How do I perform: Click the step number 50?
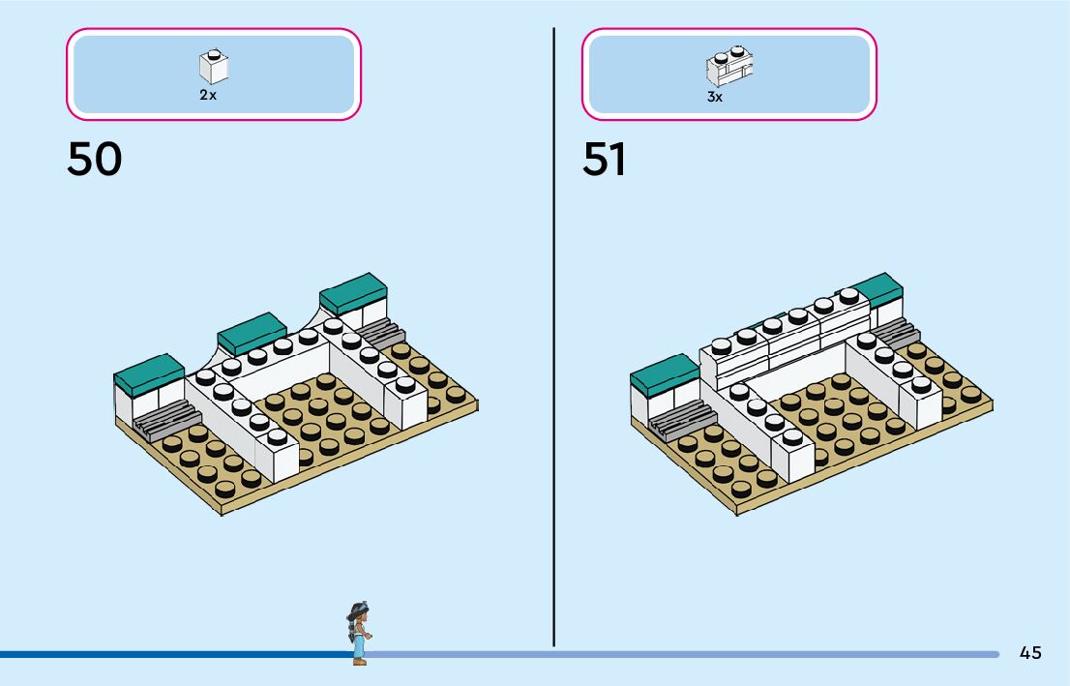pyautogui.click(x=95, y=160)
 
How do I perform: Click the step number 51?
pyautogui.click(x=605, y=160)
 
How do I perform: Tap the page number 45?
pyautogui.click(x=1030, y=653)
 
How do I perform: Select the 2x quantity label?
pyautogui.click(x=208, y=96)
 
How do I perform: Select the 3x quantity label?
pyautogui.click(x=715, y=97)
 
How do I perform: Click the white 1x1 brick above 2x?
pyautogui.click(x=214, y=66)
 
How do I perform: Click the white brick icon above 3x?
pyautogui.click(x=729, y=67)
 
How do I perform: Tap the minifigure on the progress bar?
pyautogui.click(x=359, y=634)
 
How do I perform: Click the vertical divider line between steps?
pyautogui.click(x=553, y=339)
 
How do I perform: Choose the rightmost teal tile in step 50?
pyautogui.click(x=353, y=288)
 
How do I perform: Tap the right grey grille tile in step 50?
pyautogui.click(x=381, y=334)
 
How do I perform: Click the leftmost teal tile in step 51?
pyautogui.click(x=664, y=371)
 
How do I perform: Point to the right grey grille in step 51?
pyautogui.click(x=896, y=334)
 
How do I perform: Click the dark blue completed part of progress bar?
pyautogui.click(x=174, y=655)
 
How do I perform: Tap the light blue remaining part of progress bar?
pyautogui.click(x=677, y=655)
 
